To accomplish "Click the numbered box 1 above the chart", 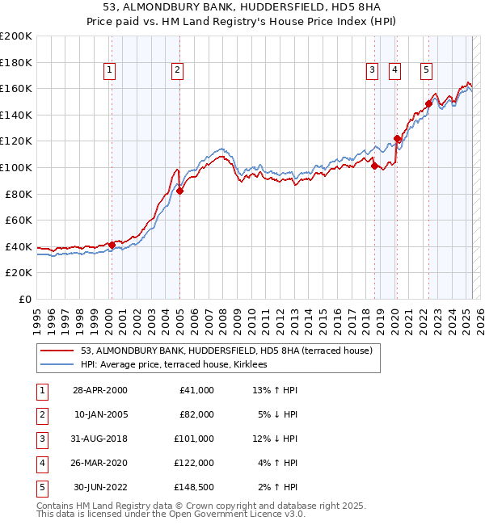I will pyautogui.click(x=108, y=71).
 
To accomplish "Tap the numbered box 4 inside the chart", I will pyautogui.click(x=394, y=71).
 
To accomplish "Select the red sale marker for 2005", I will pyautogui.click(x=180, y=191).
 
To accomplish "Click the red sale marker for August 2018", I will pyautogui.click(x=374, y=166).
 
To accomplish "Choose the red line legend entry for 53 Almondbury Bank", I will pyautogui.click(x=226, y=351).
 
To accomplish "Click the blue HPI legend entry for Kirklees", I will pyautogui.click(x=179, y=365).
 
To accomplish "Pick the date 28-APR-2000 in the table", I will pyautogui.click(x=99, y=390).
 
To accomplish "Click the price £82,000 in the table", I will pyautogui.click(x=196, y=414).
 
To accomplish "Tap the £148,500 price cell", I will pyautogui.click(x=194, y=487).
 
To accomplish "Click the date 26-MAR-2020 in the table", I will pyautogui.click(x=99, y=463).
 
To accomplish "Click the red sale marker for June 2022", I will pyautogui.click(x=428, y=103).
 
